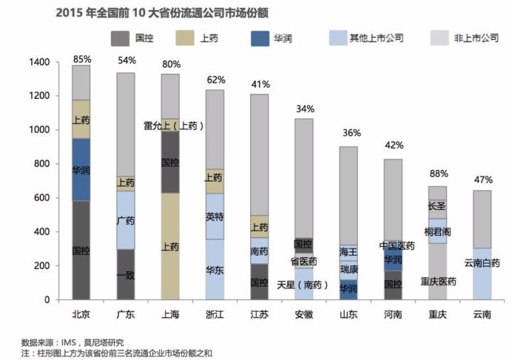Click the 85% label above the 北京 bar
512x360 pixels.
point(81,59)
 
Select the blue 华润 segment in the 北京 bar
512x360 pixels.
point(81,170)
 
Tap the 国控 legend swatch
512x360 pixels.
point(119,37)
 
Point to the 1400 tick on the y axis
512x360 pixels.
point(40,63)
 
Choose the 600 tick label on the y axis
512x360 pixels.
point(42,198)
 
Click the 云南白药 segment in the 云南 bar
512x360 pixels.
point(481,263)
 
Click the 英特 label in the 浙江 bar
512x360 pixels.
point(214,216)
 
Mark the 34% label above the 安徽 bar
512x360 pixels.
point(304,108)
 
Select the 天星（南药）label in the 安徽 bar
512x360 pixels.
point(302,284)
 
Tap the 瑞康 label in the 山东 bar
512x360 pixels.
point(348,270)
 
